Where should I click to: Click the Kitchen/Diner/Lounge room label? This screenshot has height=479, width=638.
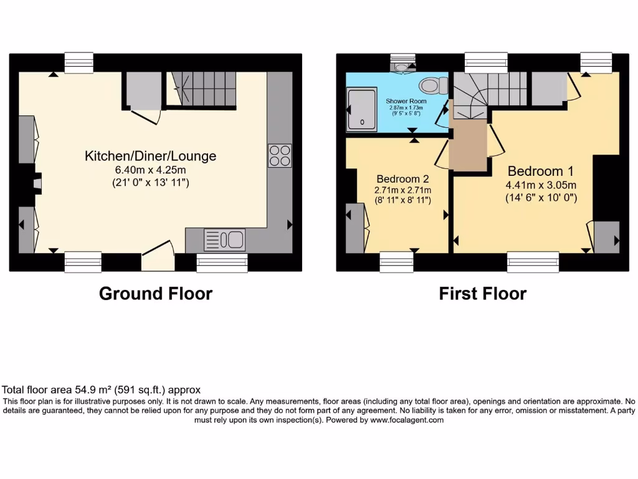pyautogui.click(x=150, y=156)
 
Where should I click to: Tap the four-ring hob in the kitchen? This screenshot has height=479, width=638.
pyautogui.click(x=279, y=156)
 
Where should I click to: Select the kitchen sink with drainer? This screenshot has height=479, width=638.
pyautogui.click(x=224, y=239)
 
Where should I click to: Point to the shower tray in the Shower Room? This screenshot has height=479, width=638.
pyautogui.click(x=362, y=109)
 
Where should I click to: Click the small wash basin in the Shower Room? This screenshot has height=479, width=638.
pyautogui.click(x=402, y=66)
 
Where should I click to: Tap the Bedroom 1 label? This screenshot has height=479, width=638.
pyautogui.click(x=540, y=171)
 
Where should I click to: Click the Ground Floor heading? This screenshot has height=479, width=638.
pyautogui.click(x=156, y=293)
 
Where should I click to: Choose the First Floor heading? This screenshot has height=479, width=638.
pyautogui.click(x=483, y=293)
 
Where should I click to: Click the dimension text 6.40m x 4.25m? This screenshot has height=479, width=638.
pyautogui.click(x=150, y=170)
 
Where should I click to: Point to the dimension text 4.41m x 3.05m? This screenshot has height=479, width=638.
pyautogui.click(x=540, y=185)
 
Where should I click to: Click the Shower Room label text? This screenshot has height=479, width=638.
pyautogui.click(x=404, y=100)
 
